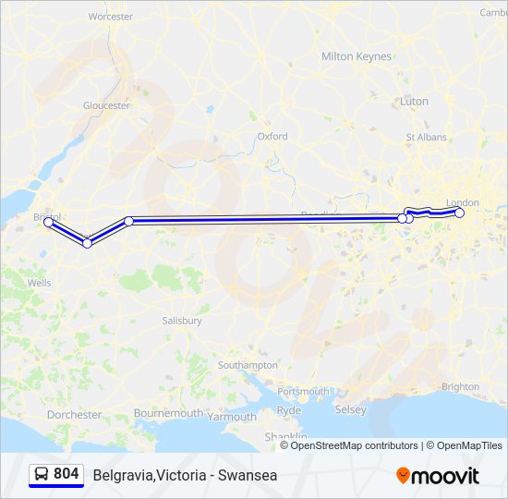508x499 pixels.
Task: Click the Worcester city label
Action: [x=110, y=17]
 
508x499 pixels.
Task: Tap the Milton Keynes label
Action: [x=357, y=56]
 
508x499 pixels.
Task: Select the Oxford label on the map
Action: [x=272, y=137]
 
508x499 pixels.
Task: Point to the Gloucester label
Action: [x=107, y=106]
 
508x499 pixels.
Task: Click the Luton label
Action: [x=414, y=102]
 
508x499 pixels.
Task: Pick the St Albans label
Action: [x=427, y=138]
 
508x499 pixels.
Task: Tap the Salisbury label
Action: [x=182, y=321]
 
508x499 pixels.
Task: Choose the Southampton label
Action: [x=248, y=366]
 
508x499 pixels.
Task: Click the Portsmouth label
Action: [x=303, y=392]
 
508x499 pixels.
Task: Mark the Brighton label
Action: [x=461, y=387]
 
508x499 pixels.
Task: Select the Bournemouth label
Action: [x=168, y=413]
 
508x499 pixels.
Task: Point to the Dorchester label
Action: [x=75, y=415]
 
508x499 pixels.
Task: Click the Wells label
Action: [x=40, y=283]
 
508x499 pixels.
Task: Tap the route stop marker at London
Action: [x=460, y=213]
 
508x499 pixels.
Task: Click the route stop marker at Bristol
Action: [x=49, y=222]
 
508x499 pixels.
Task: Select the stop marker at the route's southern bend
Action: [x=88, y=243]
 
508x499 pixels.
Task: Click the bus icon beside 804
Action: [x=42, y=474]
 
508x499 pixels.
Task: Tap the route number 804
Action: [x=67, y=474]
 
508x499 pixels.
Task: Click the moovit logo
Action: [x=438, y=476]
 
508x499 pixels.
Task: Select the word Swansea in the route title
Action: [x=248, y=476]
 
